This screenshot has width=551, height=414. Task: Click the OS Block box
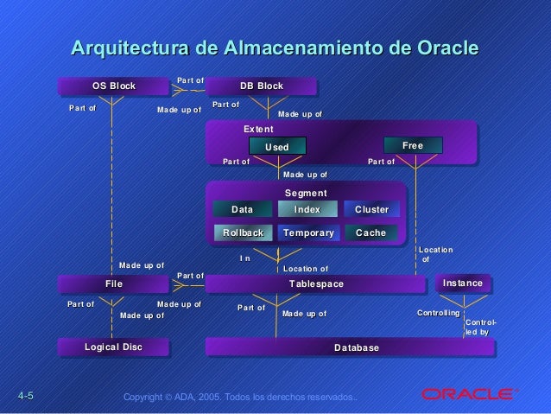pos(112,86)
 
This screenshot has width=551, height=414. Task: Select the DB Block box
pos(261,86)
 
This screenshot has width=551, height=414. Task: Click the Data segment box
pos(243,210)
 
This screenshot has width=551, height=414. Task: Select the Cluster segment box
pos(371,210)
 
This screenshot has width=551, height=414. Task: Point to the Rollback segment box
pos(243,232)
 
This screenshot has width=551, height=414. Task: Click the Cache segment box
pos(371,232)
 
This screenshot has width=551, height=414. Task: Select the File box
pos(113,283)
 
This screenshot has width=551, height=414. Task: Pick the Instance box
pos(462,283)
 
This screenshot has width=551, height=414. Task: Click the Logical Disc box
pos(112,347)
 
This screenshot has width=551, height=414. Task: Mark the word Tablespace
pos(316,284)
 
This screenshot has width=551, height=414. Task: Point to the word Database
pos(357,347)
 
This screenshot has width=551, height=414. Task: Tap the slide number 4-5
pos(24,396)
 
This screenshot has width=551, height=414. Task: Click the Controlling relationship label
pos(438,312)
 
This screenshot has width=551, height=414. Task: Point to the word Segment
pos(307,193)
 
